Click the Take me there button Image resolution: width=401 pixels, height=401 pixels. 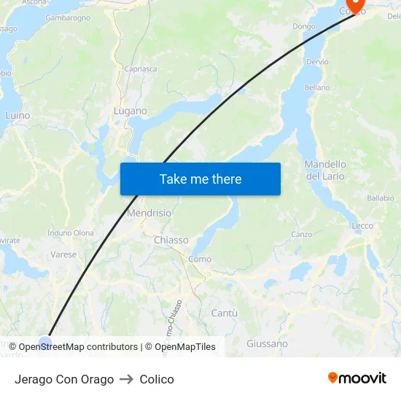pos(200,179)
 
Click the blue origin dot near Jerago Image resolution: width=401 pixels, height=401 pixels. pos(45,343)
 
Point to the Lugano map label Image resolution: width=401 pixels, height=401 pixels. pos(130,111)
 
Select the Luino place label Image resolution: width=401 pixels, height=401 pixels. pos(17,115)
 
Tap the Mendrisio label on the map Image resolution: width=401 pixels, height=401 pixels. pos(149,214)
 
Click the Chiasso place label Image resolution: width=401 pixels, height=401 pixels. pos(171,240)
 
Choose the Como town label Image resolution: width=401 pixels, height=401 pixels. pos(200,259)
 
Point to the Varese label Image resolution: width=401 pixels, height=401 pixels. pos(63,254)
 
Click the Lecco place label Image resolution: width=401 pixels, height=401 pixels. pos(362,226)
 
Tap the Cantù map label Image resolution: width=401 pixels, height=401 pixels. pos(224,313)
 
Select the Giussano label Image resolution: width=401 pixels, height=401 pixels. pos(267,343)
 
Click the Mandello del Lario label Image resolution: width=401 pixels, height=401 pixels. pos(325,170)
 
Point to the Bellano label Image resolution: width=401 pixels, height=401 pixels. pos(317,87)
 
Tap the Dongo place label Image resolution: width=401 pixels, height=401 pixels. pos(304,26)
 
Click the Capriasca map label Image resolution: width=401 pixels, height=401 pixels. pos(140,69)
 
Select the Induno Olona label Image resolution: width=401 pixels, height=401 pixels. pos(71,233)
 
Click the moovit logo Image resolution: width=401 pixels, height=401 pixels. pos(357,378)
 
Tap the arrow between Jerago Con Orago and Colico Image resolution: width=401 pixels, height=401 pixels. pos(127,379)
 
